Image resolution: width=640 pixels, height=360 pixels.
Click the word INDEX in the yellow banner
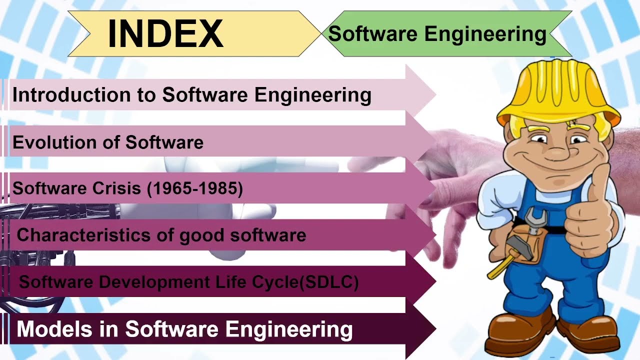[x=165, y=33]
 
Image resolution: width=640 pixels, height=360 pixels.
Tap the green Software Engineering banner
[x=437, y=34]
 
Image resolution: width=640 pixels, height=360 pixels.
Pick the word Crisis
[x=108, y=188]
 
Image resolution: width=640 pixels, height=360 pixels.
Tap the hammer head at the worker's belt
[x=515, y=245]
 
